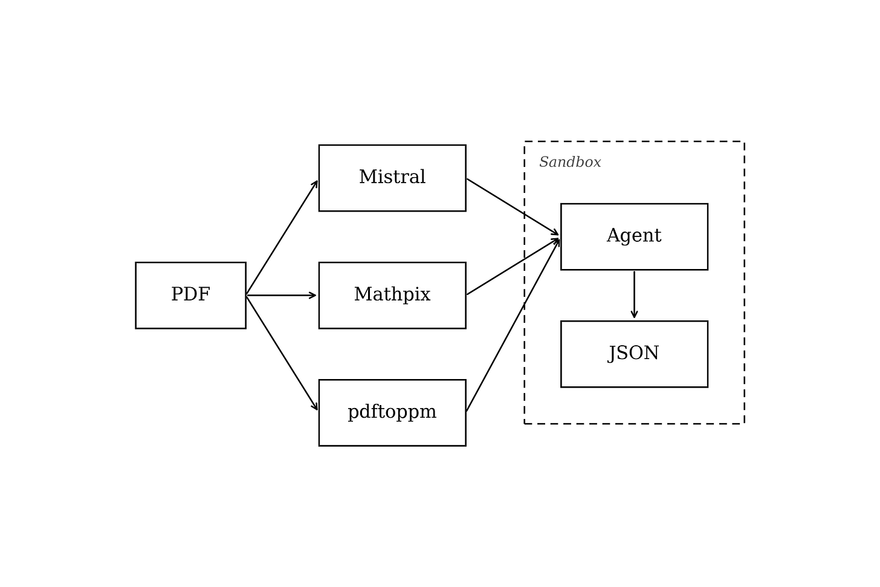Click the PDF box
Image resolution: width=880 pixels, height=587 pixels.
click(190, 295)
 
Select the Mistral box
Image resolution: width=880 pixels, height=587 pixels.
click(392, 178)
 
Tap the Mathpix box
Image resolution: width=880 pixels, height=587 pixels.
click(392, 295)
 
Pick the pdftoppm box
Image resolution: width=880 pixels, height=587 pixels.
click(392, 412)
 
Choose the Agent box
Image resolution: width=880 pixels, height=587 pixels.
click(634, 236)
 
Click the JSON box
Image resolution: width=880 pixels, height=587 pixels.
click(634, 354)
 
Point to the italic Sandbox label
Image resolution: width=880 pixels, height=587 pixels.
click(570, 162)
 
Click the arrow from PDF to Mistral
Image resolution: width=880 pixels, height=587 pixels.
click(282, 238)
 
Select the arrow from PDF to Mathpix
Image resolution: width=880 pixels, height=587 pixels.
click(281, 295)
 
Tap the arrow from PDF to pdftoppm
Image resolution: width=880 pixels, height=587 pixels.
click(282, 353)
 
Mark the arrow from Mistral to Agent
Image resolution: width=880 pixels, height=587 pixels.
click(513, 207)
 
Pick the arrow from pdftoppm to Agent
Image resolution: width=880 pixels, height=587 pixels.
click(513, 325)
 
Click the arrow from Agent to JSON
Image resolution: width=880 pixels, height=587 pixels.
click(634, 294)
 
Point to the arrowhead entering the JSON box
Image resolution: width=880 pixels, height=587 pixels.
click(634, 314)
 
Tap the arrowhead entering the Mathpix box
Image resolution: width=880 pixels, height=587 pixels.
click(312, 295)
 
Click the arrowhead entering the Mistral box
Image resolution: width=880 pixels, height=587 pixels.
click(315, 184)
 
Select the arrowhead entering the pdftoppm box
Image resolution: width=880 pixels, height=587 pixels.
click(315, 406)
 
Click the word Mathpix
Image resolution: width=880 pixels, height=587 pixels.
click(392, 294)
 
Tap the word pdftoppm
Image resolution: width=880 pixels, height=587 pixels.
click(392, 412)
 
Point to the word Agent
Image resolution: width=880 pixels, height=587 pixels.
click(634, 236)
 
